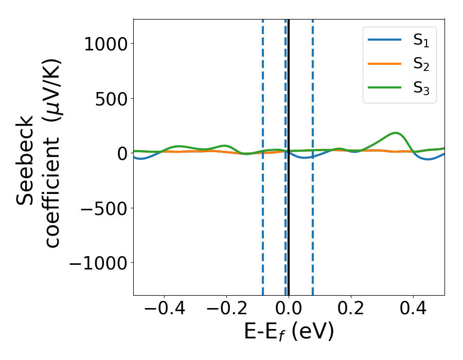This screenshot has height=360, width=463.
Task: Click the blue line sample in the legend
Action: (385, 41)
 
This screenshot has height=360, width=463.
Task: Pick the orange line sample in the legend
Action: (385, 64)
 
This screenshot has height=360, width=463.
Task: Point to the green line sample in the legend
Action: (385, 87)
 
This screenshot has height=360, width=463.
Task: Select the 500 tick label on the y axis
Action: (113, 99)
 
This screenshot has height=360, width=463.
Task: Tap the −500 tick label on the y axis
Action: (105, 208)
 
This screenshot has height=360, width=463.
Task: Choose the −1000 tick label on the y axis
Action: (98, 263)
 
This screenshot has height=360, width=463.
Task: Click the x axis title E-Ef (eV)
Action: (289, 332)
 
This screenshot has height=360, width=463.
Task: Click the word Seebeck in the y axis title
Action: (26, 159)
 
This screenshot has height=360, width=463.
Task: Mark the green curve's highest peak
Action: (396, 133)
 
